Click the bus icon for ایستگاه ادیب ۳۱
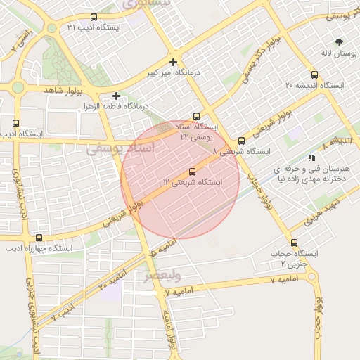pos(95,17)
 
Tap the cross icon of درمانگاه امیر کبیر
pos(173,62)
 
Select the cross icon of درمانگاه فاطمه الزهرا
pos(117,96)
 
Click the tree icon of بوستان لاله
pos(340,42)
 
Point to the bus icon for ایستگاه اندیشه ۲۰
pos(314,74)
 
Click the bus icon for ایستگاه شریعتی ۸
pos(241,141)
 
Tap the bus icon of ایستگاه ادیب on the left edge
pos(16,122)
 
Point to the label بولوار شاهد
pos(64,91)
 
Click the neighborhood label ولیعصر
pos(162,276)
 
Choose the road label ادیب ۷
pos(63,311)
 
